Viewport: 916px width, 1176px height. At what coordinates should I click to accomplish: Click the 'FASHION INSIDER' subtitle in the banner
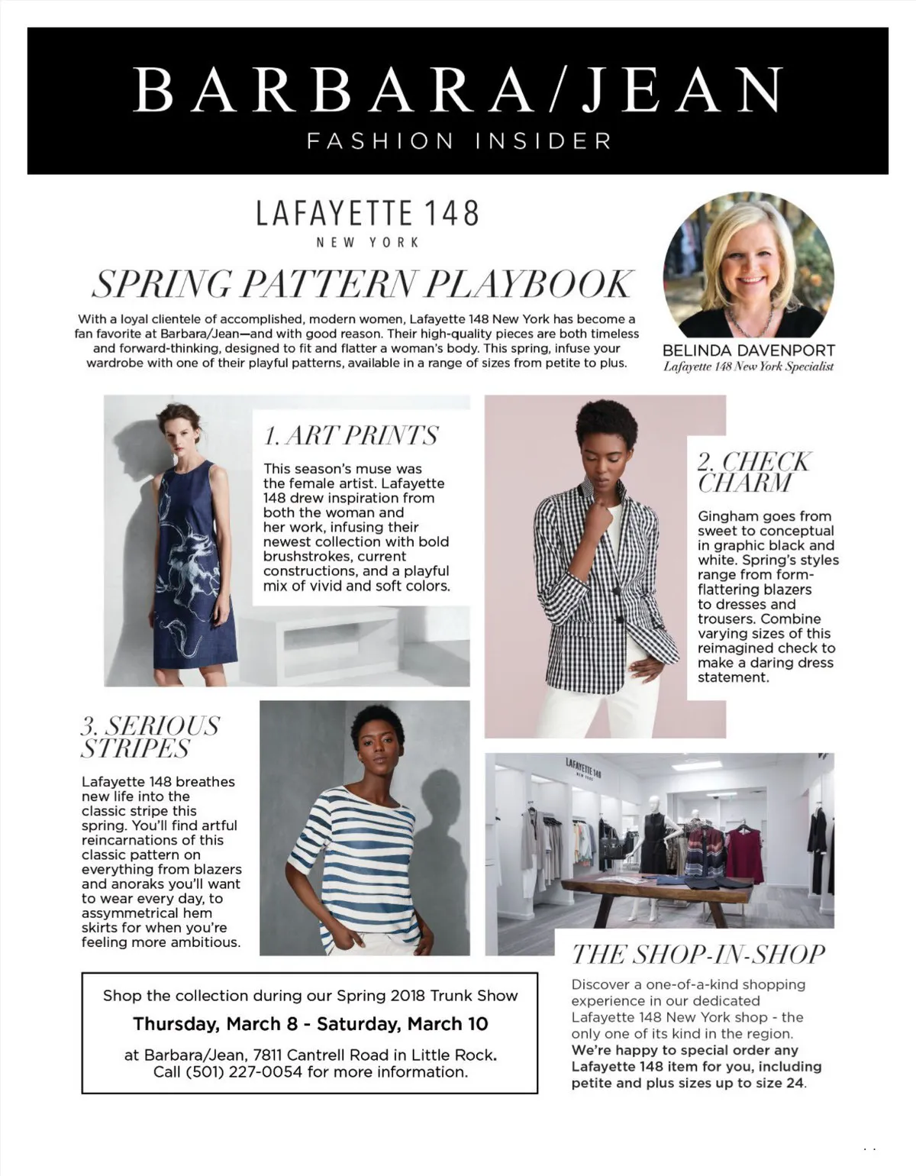tap(458, 141)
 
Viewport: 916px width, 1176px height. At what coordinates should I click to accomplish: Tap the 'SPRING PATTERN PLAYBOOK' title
tap(362, 284)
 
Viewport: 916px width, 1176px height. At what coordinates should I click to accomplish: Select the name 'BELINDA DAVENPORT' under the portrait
tap(748, 351)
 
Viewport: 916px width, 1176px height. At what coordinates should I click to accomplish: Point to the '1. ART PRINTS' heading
tap(351, 435)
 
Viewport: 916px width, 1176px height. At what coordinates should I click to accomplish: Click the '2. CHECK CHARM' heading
tap(753, 472)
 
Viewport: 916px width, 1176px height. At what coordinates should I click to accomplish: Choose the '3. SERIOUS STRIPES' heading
tap(150, 736)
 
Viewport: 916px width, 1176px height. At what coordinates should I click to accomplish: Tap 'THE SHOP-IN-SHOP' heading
tap(698, 955)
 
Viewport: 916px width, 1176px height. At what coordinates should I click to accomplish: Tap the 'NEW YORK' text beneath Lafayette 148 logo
tap(368, 242)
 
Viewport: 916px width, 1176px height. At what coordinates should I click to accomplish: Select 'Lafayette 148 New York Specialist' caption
tap(748, 367)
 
